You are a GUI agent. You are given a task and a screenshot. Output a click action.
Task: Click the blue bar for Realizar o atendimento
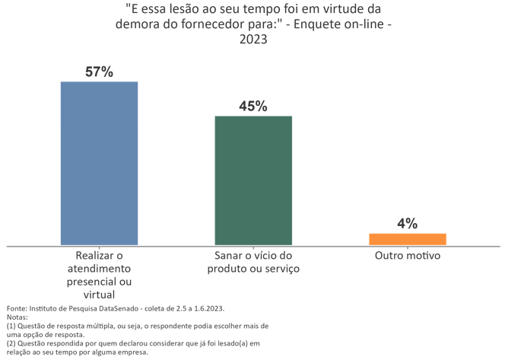[x=99, y=163]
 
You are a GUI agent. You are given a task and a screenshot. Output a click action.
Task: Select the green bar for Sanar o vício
[x=253, y=180]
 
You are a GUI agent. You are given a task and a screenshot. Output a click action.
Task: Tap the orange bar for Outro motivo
[x=407, y=239]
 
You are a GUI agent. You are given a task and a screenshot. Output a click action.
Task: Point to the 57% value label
[x=99, y=72]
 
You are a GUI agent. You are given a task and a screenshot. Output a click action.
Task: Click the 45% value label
[x=253, y=107]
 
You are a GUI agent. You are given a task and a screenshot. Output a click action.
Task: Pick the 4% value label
[x=407, y=224]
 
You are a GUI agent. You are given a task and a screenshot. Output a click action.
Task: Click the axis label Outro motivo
[x=407, y=256]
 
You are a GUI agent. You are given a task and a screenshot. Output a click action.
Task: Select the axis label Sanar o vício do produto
[x=253, y=263]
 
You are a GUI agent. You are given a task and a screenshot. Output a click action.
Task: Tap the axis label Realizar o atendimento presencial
[x=99, y=269]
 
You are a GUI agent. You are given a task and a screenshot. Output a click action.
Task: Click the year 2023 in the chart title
[x=253, y=40]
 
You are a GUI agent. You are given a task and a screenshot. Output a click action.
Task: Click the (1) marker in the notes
[x=11, y=326]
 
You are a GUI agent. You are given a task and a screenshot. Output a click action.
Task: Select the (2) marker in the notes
[x=11, y=343]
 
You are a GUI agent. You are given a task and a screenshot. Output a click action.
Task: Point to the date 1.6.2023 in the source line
[x=206, y=308]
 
